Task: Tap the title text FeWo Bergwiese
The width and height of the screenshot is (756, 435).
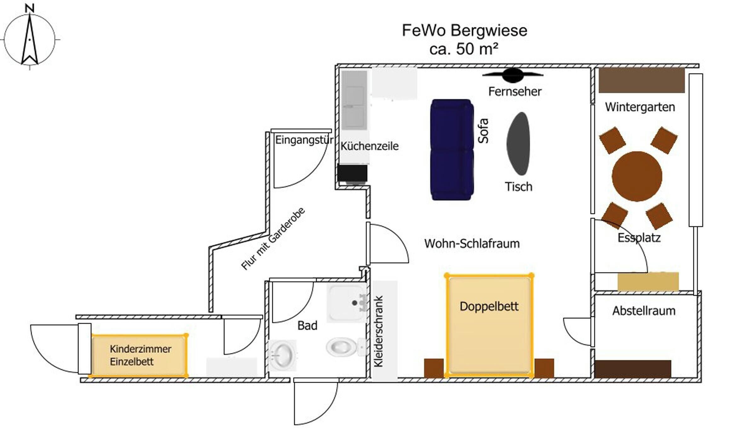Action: click(464, 31)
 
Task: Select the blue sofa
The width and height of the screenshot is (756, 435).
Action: click(452, 150)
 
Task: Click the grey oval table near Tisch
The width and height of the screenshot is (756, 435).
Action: click(518, 144)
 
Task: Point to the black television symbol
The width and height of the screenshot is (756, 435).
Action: click(513, 75)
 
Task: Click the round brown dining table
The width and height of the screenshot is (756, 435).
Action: click(637, 176)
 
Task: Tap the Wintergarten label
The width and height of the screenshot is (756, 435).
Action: click(640, 107)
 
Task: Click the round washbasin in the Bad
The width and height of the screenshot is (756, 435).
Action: click(283, 355)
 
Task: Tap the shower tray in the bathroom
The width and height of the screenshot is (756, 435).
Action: click(347, 303)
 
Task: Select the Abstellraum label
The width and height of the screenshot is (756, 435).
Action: click(644, 311)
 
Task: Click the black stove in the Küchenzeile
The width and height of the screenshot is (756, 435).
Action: click(352, 173)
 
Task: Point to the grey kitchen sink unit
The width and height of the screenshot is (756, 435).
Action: click(354, 100)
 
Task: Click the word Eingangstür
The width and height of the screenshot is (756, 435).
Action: click(304, 140)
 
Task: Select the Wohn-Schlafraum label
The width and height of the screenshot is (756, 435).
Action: click(472, 244)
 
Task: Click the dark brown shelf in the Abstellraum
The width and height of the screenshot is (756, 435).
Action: click(633, 369)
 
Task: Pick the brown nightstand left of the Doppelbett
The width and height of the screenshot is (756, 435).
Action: click(434, 368)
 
